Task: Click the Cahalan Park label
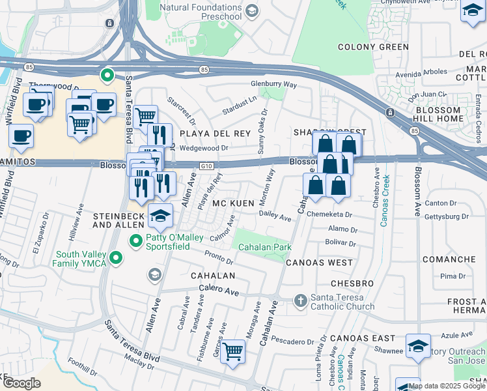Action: click(x=265, y=248)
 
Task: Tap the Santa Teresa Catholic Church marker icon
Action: click(x=300, y=301)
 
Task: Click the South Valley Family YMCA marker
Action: click(x=116, y=259)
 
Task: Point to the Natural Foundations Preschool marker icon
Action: click(x=252, y=11)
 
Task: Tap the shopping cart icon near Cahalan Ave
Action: click(x=232, y=351)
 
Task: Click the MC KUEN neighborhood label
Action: click(x=232, y=204)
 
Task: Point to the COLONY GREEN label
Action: click(x=374, y=47)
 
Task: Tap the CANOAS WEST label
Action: click(x=319, y=263)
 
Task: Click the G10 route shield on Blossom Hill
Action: click(x=206, y=167)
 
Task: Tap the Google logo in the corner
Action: click(x=21, y=383)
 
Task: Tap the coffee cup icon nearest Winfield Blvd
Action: click(x=21, y=136)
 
